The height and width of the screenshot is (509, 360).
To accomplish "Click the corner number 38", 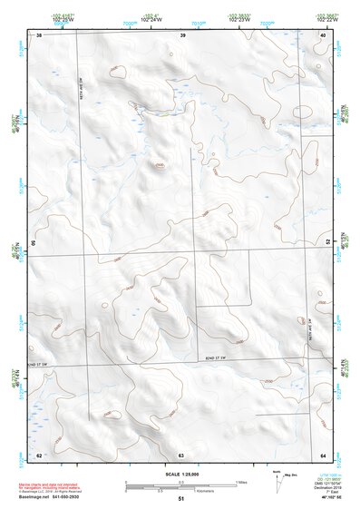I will coord(39,34).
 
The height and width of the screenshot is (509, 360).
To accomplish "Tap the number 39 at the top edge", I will coord(182,34).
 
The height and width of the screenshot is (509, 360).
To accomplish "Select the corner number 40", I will coord(322,34).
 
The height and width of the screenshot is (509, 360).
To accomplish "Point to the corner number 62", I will coord(39,454).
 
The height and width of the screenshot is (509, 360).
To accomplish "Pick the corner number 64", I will coord(322,454).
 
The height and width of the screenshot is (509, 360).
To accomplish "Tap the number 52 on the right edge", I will coord(326,240).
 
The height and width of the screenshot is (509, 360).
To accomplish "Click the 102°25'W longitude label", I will coord(62,19).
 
